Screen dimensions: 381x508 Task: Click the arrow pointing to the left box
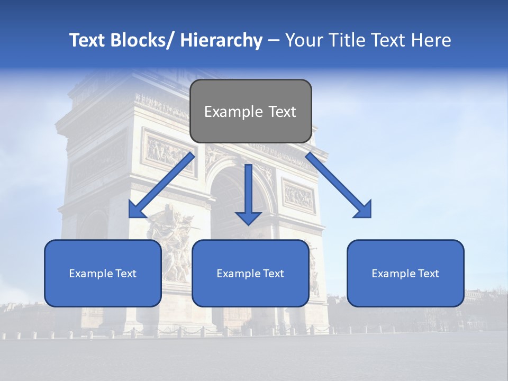(164, 183)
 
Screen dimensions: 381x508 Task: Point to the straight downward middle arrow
(248, 193)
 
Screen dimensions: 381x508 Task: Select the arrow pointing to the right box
(336, 183)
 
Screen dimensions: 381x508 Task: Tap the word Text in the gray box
(281, 112)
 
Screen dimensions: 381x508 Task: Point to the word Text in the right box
(428, 274)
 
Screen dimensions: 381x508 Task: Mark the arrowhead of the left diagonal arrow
(138, 209)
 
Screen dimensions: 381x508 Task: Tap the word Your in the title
(303, 40)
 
